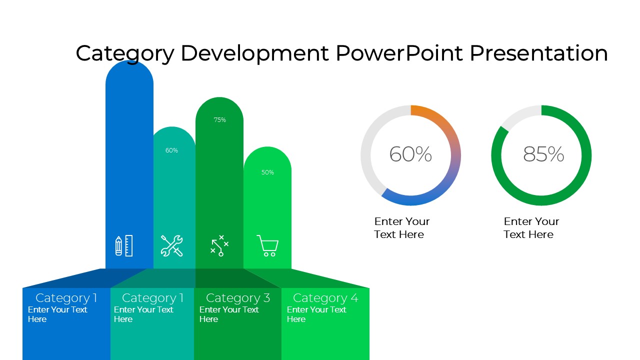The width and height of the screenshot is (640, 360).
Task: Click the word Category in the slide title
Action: click(125, 53)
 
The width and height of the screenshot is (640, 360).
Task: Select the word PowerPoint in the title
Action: click(399, 53)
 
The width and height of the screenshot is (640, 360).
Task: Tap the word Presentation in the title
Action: click(538, 53)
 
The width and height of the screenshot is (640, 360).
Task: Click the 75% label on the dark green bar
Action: click(219, 119)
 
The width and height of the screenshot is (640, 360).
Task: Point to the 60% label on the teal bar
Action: click(171, 150)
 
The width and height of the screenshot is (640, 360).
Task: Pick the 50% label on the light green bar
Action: click(267, 172)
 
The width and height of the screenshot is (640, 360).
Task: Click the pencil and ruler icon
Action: click(123, 245)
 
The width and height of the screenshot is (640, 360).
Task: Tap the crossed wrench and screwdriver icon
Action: click(171, 245)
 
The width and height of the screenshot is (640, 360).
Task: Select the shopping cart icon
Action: click(267, 245)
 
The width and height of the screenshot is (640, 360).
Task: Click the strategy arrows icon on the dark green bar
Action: click(219, 245)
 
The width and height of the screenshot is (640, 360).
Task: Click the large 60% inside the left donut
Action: click(410, 154)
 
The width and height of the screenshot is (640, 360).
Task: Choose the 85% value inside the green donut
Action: click(543, 154)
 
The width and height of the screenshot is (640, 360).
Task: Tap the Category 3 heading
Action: click(238, 298)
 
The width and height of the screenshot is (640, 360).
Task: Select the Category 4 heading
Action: click(325, 298)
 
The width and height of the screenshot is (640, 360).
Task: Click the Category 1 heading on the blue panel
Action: click(66, 298)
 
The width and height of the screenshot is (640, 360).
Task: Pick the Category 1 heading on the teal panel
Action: click(152, 298)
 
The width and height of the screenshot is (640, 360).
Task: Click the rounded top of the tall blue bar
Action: click(129, 71)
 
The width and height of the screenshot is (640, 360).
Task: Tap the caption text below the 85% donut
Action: click(531, 227)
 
